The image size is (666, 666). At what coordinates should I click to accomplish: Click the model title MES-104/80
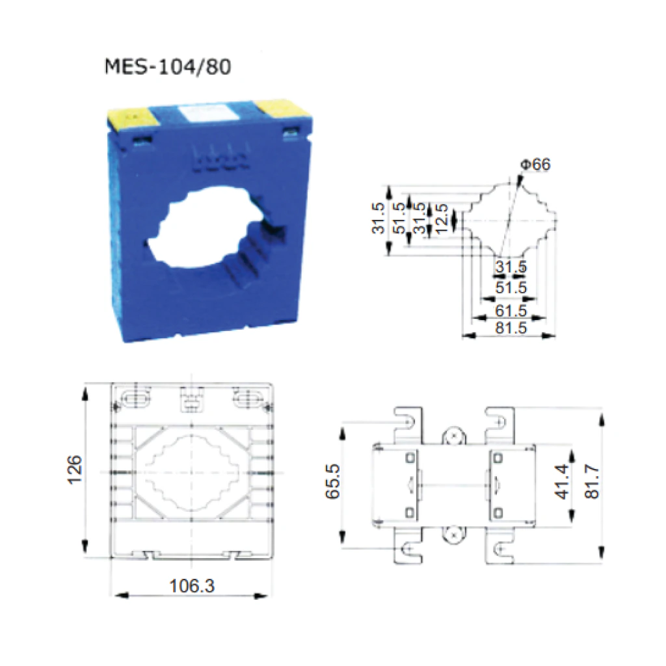pyautogui.click(x=168, y=67)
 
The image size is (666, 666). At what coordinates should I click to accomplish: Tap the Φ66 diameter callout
pyautogui.click(x=536, y=165)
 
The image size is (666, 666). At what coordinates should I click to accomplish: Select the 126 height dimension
pyautogui.click(x=75, y=469)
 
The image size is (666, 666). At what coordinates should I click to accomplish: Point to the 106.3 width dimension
pyautogui.click(x=192, y=586)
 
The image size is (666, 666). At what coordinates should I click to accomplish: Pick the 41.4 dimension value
pyautogui.click(x=562, y=482)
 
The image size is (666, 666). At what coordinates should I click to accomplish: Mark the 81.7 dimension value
pyautogui.click(x=592, y=481)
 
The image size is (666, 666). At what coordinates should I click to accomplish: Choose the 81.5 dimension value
pyautogui.click(x=511, y=328)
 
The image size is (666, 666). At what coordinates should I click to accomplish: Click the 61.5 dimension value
pyautogui.click(x=511, y=310)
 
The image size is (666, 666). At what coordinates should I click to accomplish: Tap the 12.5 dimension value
pyautogui.click(x=442, y=219)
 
